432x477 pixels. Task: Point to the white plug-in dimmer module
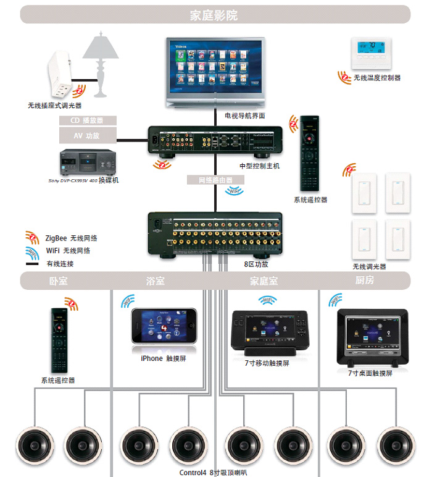click(x=62, y=80)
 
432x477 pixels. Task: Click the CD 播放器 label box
click(x=88, y=120)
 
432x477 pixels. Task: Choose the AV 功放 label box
click(x=88, y=135)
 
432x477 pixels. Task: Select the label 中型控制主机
click(x=259, y=166)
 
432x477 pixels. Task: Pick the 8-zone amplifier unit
click(x=215, y=233)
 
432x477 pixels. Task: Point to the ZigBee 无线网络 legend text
click(x=71, y=238)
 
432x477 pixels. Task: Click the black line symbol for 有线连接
click(x=32, y=264)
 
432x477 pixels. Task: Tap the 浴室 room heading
click(x=156, y=281)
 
